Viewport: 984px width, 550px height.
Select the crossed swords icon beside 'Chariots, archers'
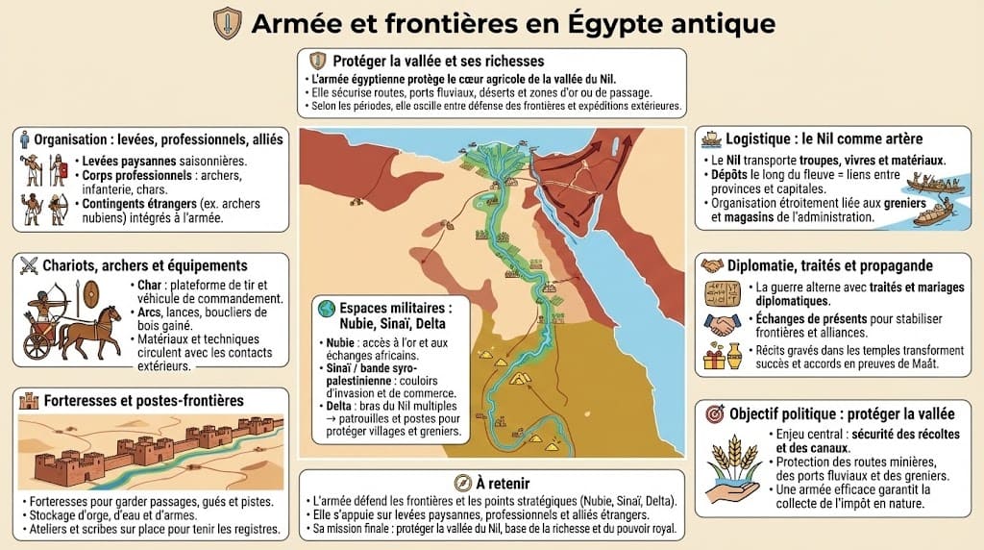point(27,265)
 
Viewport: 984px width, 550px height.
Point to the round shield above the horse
point(90,295)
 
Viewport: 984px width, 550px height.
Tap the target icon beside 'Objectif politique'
point(713,413)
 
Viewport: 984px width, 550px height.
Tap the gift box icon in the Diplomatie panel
point(714,358)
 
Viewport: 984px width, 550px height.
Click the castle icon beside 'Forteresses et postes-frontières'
point(27,400)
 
